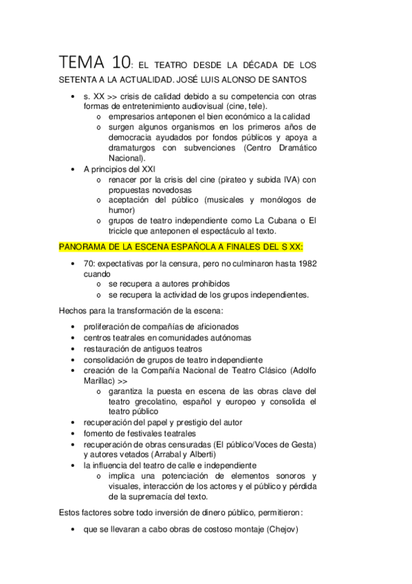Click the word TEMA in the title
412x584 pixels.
pos(81,63)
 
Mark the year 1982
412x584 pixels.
pos(305,264)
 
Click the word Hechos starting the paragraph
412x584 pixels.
pos(75,311)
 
